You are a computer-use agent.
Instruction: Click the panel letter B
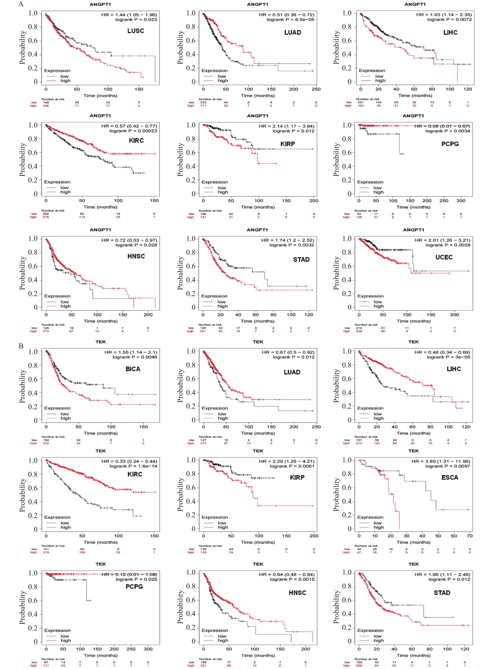(x=21, y=346)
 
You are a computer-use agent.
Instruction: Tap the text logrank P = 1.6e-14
(x=133, y=466)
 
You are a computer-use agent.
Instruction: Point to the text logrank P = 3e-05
(x=448, y=357)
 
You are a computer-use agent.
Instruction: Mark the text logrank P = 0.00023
(x=133, y=131)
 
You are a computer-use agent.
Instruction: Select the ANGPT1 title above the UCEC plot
(x=413, y=230)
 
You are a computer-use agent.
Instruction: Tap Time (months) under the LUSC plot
(x=100, y=96)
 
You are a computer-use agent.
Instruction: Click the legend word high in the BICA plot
(x=66, y=418)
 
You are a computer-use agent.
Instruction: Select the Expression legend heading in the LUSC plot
(x=57, y=71)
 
